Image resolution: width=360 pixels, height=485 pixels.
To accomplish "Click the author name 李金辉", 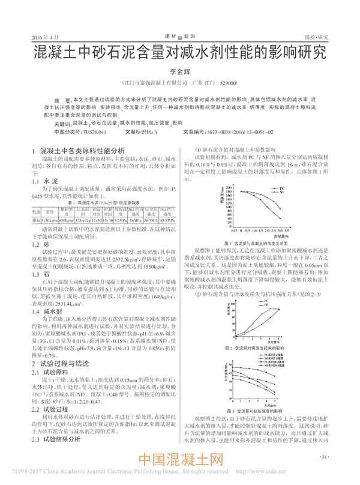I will [179, 70].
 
